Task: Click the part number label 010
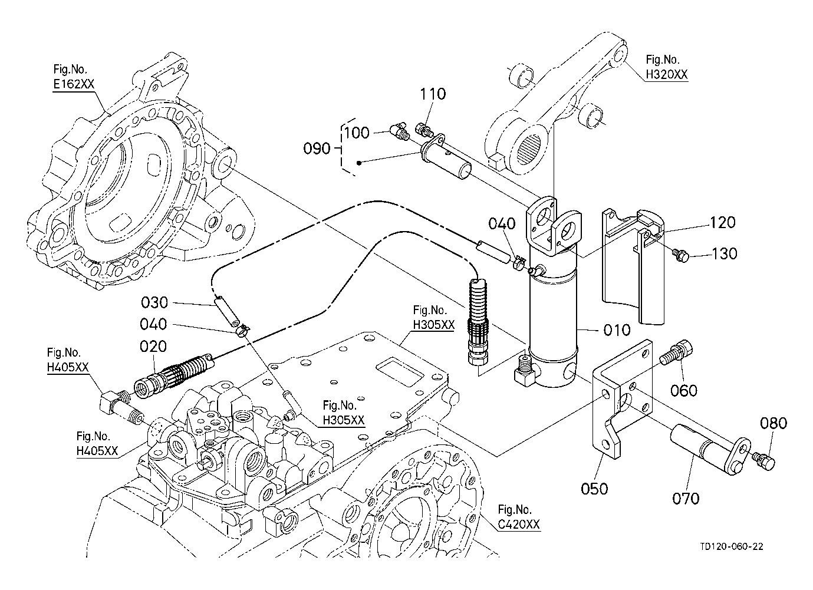point(617,330)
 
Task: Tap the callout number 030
point(154,303)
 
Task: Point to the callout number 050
point(594,489)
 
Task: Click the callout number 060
point(684,390)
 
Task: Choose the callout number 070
point(686,499)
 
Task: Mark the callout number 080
point(773,423)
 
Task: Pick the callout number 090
point(317,148)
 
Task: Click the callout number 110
point(433,94)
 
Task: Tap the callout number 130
point(725,253)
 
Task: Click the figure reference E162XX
point(73,84)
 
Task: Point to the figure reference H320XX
point(666,74)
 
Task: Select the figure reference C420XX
point(518,524)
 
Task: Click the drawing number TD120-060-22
point(731,546)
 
